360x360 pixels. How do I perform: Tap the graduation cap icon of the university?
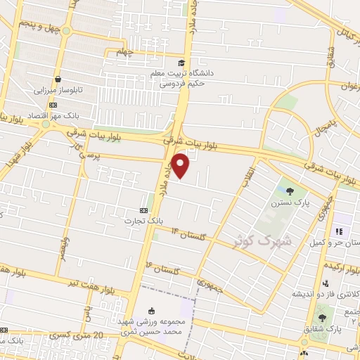pyautogui.click(x=182, y=62)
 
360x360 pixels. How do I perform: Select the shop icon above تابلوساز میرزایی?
pyautogui.click(x=58, y=79)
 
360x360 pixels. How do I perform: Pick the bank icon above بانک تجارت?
pyautogui.click(x=144, y=210)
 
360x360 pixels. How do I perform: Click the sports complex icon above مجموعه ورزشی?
pyautogui.click(x=153, y=310)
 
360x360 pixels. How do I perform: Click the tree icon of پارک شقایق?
pyautogui.click(x=323, y=318)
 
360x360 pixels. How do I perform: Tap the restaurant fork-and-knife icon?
pyautogui.click(x=338, y=231)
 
